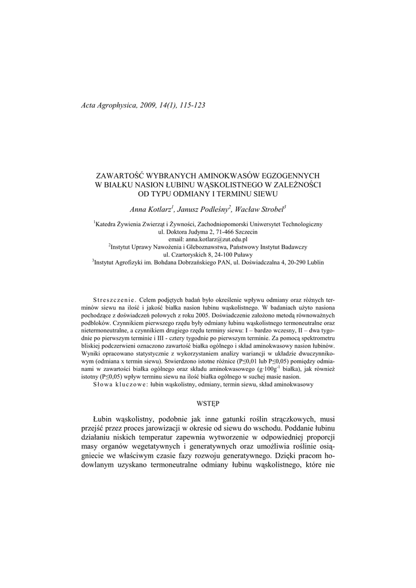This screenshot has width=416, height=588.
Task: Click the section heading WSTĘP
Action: pos(208,404)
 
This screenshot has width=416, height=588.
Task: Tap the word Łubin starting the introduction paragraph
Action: pos(104,420)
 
